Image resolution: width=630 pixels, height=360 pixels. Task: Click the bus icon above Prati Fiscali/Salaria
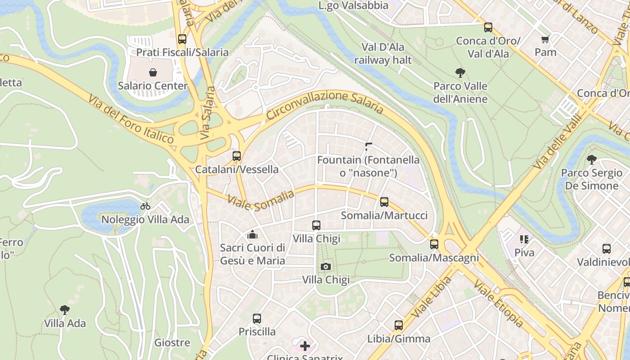[182, 39]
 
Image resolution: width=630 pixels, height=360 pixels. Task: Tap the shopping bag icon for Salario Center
[153, 72]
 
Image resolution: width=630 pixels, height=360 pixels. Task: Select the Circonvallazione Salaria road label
[324, 103]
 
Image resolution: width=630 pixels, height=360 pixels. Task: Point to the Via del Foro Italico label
[131, 119]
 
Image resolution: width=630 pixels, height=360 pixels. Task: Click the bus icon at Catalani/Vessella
[237, 156]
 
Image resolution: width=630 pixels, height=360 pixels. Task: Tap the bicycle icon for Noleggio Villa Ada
[145, 207]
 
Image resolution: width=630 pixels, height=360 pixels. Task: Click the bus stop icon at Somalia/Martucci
[384, 202]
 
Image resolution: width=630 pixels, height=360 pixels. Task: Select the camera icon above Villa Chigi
[326, 266]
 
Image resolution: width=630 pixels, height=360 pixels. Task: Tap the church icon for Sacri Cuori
[252, 234]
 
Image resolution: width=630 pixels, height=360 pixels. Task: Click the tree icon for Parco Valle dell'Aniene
[460, 72]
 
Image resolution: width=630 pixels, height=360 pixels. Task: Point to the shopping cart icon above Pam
[545, 40]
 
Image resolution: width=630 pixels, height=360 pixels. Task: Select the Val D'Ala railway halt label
[383, 54]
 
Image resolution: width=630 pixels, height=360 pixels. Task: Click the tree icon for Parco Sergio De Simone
[591, 159]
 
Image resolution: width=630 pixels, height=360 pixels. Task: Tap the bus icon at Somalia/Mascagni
[434, 244]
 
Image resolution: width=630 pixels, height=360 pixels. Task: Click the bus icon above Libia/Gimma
[398, 325]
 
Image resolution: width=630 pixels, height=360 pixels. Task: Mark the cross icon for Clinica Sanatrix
[305, 346]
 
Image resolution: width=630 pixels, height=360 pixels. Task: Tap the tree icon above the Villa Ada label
[65, 310]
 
